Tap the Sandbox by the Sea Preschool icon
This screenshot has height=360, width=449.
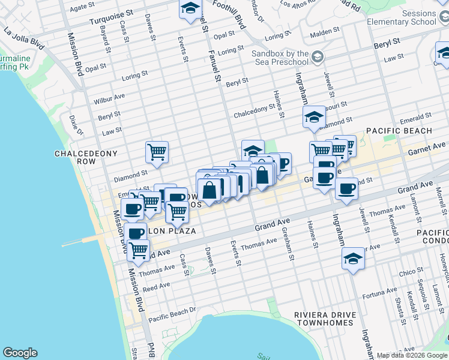(x=318, y=58)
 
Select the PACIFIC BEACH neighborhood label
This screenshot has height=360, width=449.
(x=399, y=131)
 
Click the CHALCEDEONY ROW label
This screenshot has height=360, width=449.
(x=83, y=158)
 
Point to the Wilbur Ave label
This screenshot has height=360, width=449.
(x=109, y=98)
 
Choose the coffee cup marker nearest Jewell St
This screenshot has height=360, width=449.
(x=346, y=188)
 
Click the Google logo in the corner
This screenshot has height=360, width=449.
(x=20, y=353)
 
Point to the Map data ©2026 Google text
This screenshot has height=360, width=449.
(x=412, y=355)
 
